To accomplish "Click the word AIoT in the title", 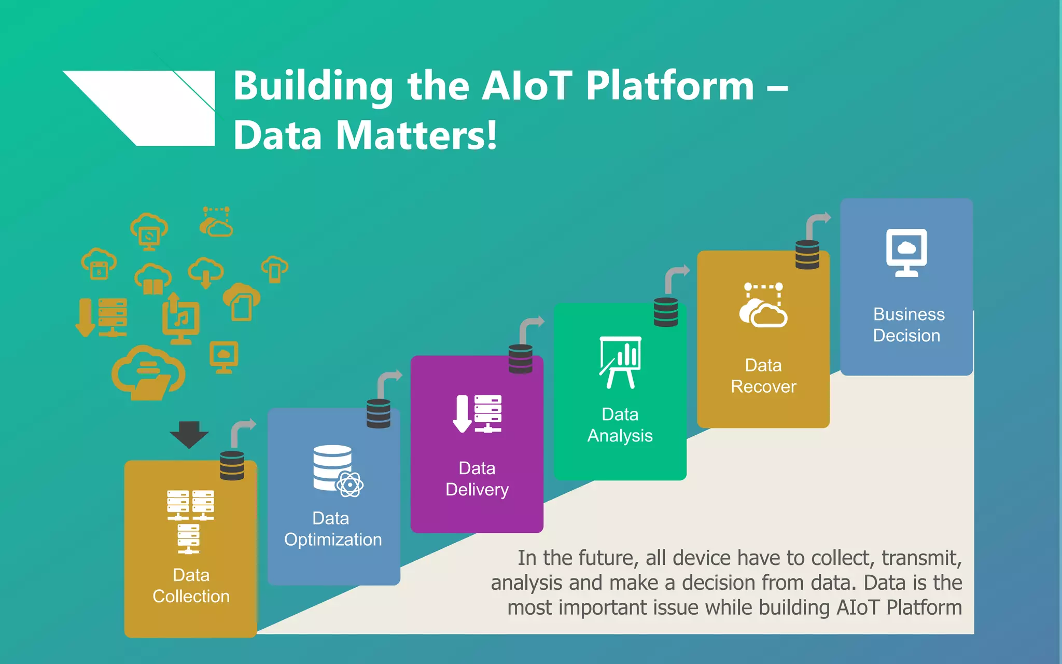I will pyautogui.click(x=527, y=86).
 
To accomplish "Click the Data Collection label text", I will pyautogui.click(x=191, y=586).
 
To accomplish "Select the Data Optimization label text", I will pyautogui.click(x=333, y=529).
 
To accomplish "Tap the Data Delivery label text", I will pyautogui.click(x=477, y=479).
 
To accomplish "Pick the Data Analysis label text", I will pyautogui.click(x=620, y=425).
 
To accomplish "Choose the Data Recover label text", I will pyautogui.click(x=763, y=376).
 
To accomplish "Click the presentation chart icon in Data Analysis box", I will pyautogui.click(x=620, y=362).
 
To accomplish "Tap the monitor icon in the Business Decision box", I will pyautogui.click(x=906, y=253).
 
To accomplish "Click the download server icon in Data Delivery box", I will pyautogui.click(x=477, y=414).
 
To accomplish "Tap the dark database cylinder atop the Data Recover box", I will pyautogui.click(x=807, y=255).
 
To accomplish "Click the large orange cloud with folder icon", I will pyautogui.click(x=148, y=372).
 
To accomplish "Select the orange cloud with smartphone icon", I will pyautogui.click(x=275, y=269).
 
